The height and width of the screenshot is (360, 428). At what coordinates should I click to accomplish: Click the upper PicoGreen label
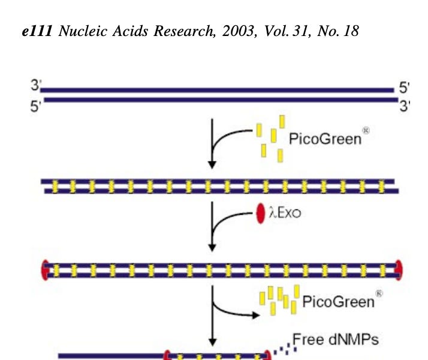tap(325, 139)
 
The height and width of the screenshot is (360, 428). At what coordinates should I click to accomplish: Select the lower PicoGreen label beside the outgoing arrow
tap(339, 301)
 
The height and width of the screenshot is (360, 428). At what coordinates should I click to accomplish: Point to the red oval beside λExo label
tap(261, 214)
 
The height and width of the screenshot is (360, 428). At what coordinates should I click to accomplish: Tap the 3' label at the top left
tap(35, 86)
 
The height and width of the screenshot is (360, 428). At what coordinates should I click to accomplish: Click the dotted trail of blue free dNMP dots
tap(282, 348)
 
